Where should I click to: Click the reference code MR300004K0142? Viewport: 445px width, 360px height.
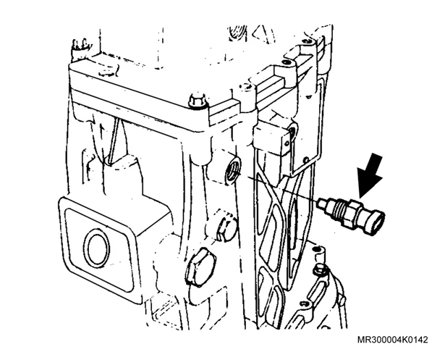click(x=392, y=340)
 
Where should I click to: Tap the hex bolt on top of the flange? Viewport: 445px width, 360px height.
click(x=198, y=101)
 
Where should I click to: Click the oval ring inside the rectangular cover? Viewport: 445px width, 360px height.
click(x=96, y=247)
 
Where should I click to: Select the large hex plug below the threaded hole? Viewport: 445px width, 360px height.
click(x=200, y=266)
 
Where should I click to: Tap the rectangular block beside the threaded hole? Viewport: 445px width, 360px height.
click(x=271, y=140)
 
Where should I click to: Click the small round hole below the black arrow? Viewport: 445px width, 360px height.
click(x=307, y=159)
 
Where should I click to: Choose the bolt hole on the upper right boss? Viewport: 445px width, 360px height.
click(x=286, y=62)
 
